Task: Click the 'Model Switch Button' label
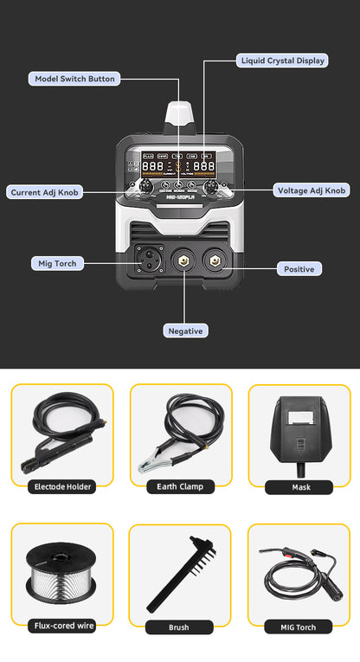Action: (x=74, y=79)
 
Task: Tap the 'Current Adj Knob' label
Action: (x=45, y=192)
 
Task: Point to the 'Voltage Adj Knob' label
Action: (x=312, y=190)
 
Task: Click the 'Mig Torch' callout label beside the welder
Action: (x=57, y=262)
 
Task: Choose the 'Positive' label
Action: (x=299, y=269)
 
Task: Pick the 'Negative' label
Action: (x=186, y=330)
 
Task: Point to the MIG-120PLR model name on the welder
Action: (x=180, y=196)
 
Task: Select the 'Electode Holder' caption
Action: (x=61, y=486)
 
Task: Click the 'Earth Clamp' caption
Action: (x=180, y=486)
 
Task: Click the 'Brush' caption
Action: (x=180, y=627)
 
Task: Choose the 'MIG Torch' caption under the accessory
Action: (x=299, y=627)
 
